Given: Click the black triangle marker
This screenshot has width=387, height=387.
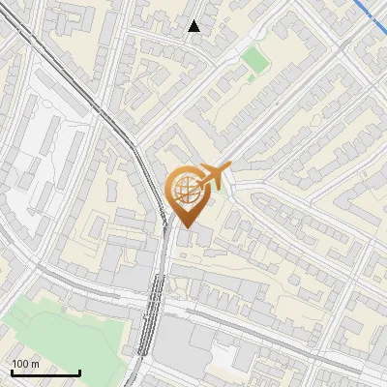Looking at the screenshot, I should point(194,26).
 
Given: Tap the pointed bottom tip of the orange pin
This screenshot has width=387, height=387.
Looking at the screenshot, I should point(186,225).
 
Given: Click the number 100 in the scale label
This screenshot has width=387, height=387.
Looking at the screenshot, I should point(20,364).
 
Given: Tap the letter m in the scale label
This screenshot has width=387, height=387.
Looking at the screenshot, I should point(35,364).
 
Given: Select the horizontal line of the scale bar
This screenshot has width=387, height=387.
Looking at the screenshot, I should point(45,373).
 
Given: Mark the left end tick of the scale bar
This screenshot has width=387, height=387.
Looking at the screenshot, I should point(12,372).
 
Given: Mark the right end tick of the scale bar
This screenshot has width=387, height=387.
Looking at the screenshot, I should point(79,372).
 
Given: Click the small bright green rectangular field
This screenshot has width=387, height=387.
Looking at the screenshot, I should point(255,60).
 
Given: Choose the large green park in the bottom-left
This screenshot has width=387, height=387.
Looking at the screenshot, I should point(58,334).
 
